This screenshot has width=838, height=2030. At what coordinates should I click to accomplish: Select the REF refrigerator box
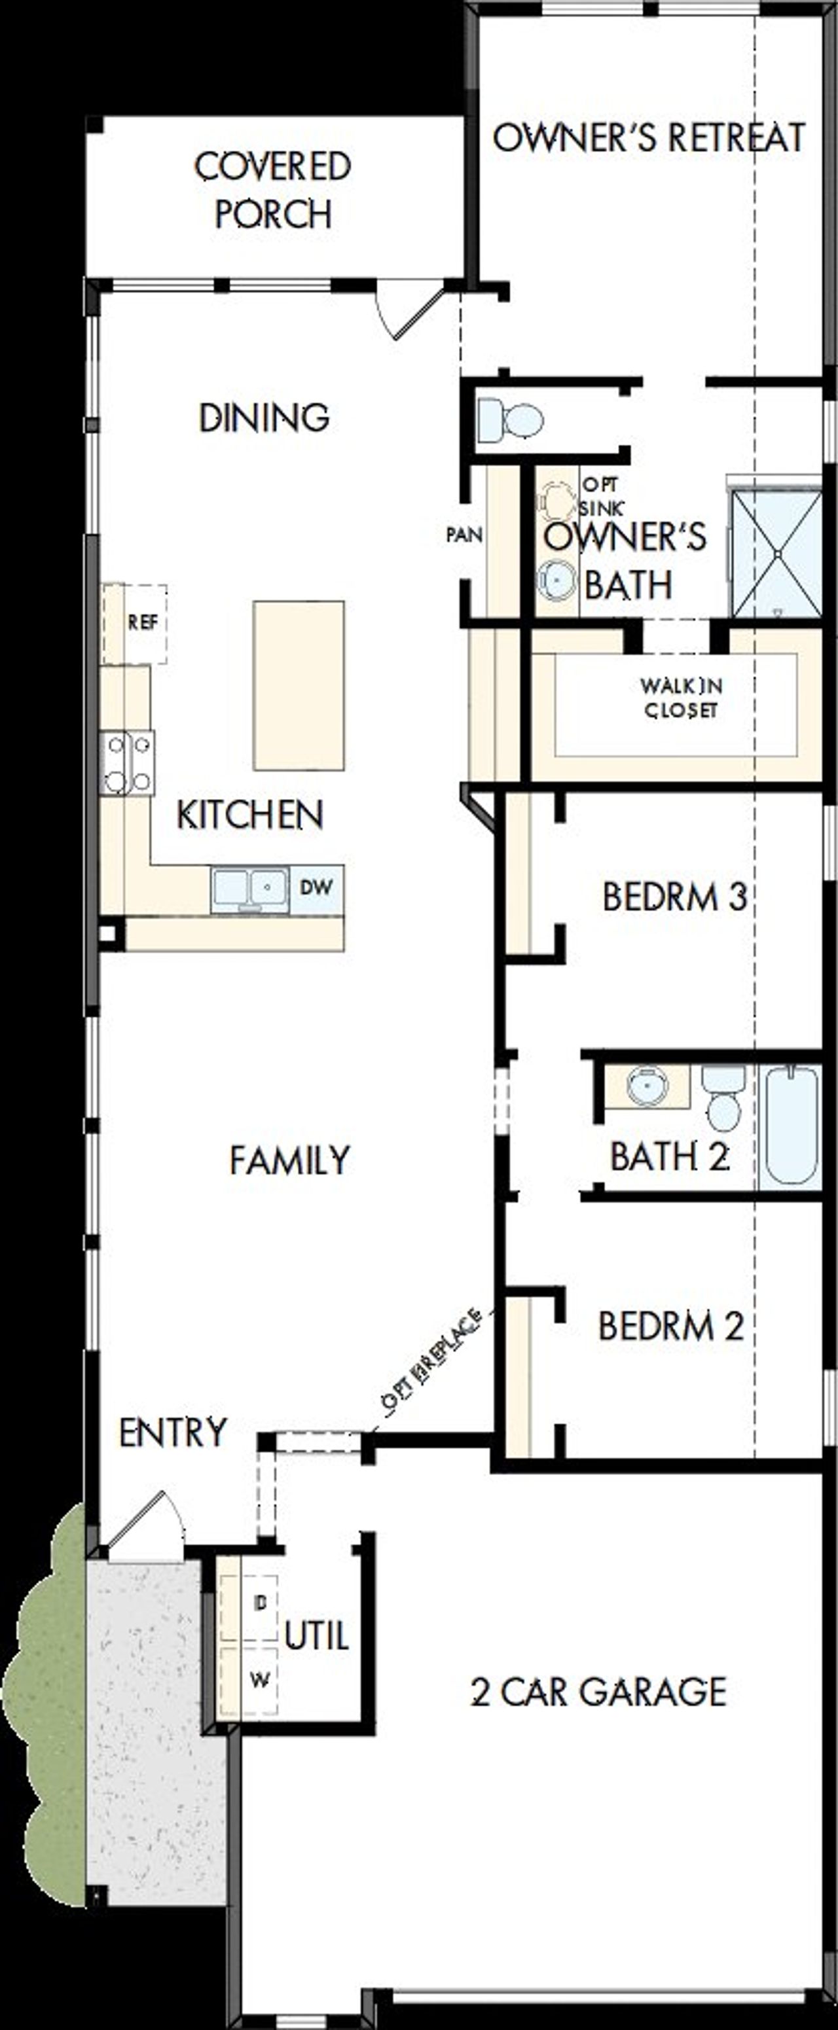point(142,622)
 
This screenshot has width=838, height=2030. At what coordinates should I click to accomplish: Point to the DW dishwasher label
point(316,887)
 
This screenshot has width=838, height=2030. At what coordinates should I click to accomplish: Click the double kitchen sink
point(249,889)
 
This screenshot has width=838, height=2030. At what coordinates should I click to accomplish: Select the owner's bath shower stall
point(776,554)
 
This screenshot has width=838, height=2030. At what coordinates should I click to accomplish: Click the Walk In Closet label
point(681,698)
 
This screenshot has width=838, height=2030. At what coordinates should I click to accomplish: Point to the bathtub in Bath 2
point(791,1126)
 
